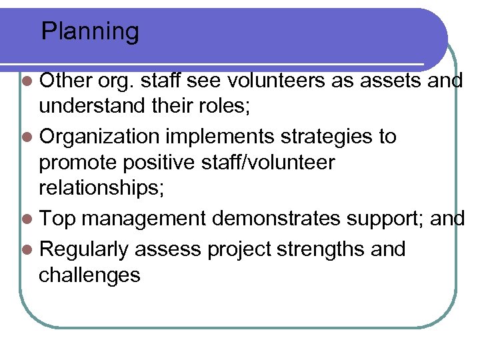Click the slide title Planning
[x=90, y=31]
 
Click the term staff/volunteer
[x=255, y=164]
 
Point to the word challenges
[x=90, y=275]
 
